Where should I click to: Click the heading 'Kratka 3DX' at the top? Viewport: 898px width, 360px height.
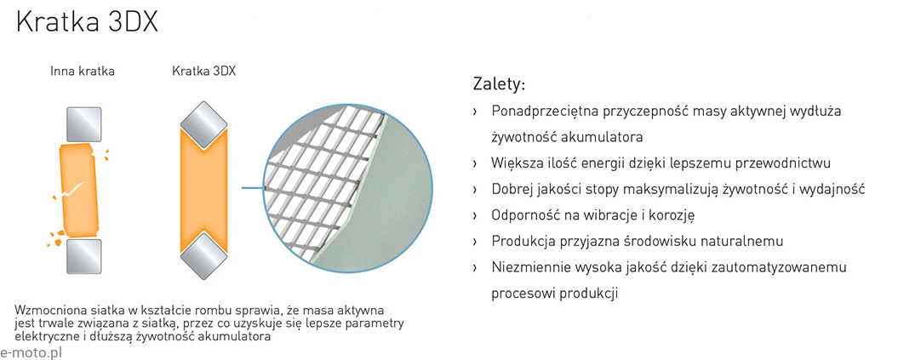click(88, 25)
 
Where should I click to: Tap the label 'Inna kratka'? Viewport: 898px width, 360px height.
click(83, 71)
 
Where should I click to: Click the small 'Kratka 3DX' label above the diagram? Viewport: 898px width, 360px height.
click(204, 71)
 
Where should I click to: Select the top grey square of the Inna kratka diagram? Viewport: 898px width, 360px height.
click(84, 124)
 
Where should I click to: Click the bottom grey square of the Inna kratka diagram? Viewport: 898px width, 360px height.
click(84, 256)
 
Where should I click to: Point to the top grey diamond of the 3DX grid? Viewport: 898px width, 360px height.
click(204, 126)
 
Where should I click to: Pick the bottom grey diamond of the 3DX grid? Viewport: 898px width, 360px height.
click(204, 255)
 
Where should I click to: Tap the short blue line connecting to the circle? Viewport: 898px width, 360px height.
click(253, 187)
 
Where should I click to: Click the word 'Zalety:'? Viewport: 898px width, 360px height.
click(499, 84)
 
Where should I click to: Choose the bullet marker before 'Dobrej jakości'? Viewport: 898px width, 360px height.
click(475, 190)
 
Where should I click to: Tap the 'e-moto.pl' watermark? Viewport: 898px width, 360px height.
click(31, 352)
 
